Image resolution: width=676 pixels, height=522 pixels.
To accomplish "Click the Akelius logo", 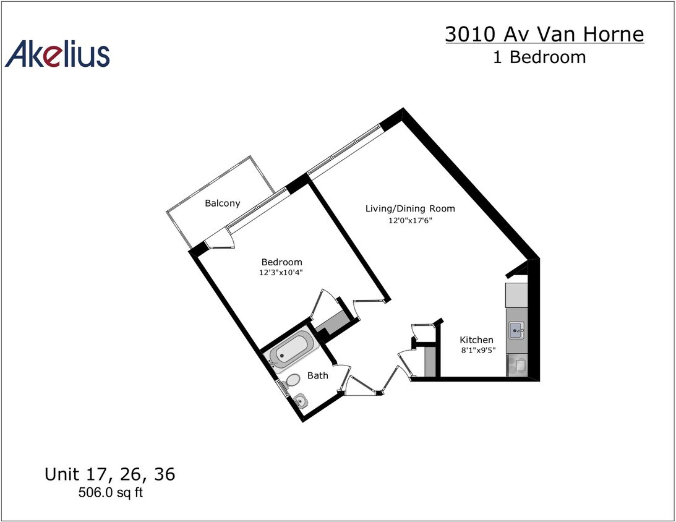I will (58, 54).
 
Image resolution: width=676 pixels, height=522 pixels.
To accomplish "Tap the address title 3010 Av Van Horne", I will (544, 34).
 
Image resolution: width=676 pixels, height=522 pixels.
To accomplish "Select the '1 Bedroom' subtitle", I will (539, 58).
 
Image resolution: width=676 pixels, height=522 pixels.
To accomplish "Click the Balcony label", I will (222, 203).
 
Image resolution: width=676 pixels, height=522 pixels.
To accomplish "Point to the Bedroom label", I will (281, 262).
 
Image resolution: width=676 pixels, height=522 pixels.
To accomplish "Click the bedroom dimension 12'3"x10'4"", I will (281, 272).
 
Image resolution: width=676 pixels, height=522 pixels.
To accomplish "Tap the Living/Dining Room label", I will (410, 208).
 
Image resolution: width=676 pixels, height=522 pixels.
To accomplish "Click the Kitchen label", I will (476, 340).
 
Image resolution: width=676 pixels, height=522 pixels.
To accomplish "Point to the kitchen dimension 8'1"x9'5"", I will (477, 350).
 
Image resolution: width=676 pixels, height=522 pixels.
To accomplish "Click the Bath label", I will (317, 375).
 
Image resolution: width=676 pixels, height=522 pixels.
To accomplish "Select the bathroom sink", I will (301, 401).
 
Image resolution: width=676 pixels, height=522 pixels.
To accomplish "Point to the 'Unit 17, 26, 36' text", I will (109, 474).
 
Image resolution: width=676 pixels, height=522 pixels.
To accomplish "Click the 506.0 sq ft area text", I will (109, 493).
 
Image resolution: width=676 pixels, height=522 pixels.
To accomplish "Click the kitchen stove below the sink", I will (516, 365).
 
